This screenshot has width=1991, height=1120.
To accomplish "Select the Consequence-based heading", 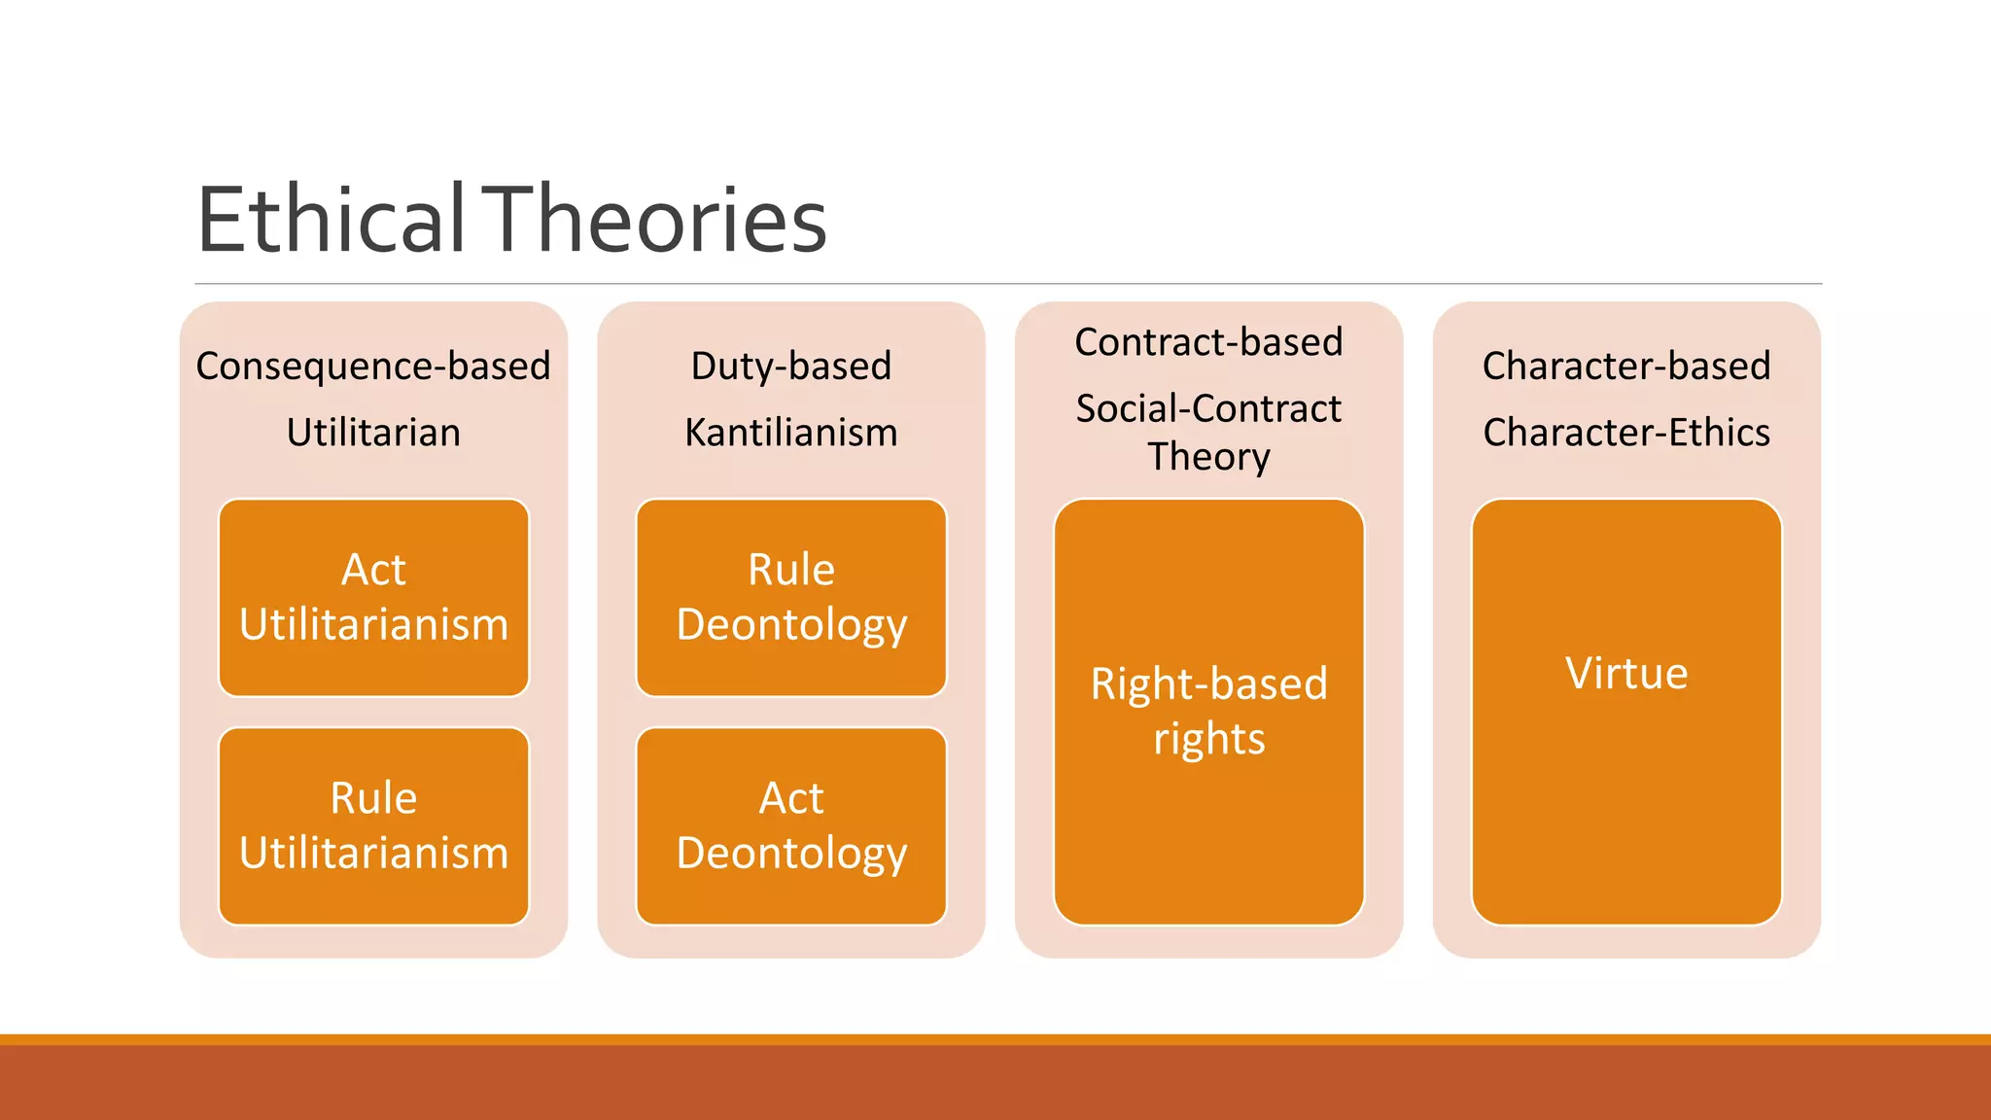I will click(x=373, y=367).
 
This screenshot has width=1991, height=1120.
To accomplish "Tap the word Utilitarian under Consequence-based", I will click(x=373, y=433).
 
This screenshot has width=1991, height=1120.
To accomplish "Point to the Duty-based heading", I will click(x=791, y=367).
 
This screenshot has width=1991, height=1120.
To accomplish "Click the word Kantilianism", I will click(x=791, y=433).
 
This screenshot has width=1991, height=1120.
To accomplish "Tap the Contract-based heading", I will click(x=1208, y=342).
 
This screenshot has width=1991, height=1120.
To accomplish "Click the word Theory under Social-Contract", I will click(x=1208, y=457).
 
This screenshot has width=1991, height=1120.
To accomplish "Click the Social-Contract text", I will click(x=1208, y=409).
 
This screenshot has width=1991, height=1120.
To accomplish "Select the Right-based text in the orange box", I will click(x=1208, y=683).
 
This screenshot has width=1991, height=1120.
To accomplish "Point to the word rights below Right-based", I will click(x=1208, y=740).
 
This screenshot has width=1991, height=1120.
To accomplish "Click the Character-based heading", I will click(x=1626, y=367).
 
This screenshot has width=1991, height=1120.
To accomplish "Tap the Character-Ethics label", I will click(x=1626, y=433).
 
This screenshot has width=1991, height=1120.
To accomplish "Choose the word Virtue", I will click(x=1626, y=674).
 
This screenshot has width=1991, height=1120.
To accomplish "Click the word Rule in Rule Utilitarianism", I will click(x=373, y=798).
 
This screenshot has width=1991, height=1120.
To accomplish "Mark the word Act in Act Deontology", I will click(x=791, y=798).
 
